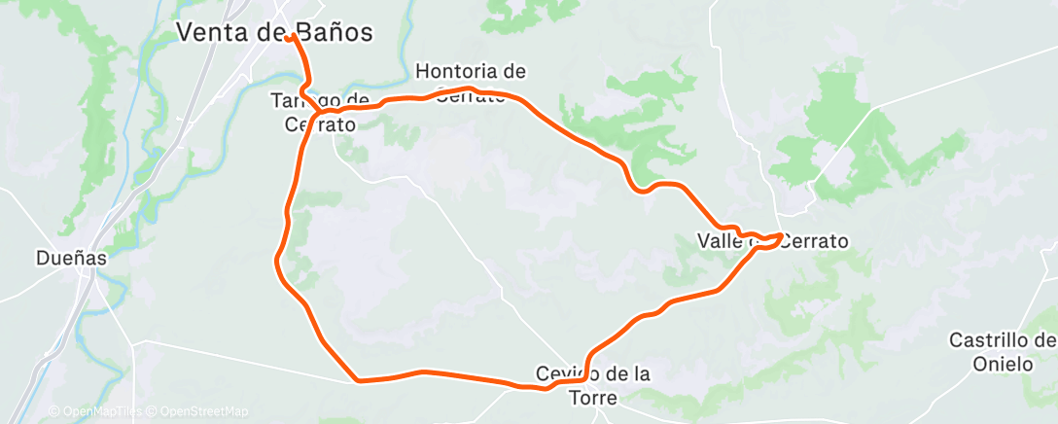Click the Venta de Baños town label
(275, 32)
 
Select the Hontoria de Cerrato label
(471, 83)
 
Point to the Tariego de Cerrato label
(319, 111)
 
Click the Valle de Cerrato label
(773, 240)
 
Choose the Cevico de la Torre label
(593, 384)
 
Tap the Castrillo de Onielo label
(1002, 351)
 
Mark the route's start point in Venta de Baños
(290, 37)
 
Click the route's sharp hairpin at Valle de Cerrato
(781, 235)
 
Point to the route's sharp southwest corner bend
(359, 381)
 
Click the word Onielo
(1002, 364)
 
